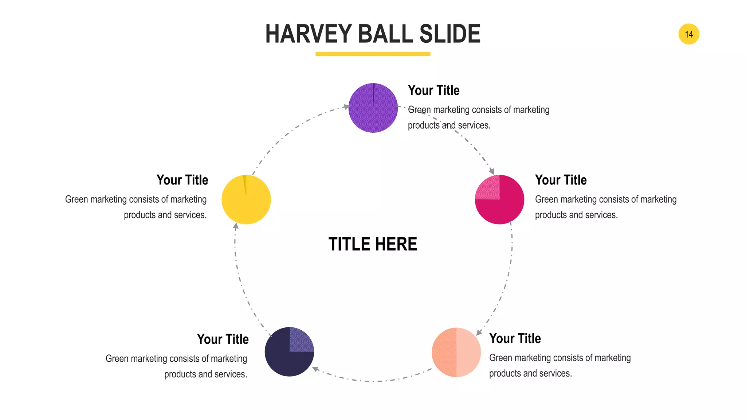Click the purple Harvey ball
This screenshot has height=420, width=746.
pyautogui.click(x=373, y=108)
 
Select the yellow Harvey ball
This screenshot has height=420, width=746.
pyautogui.click(x=246, y=200)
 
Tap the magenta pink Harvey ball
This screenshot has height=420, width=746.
pyautogui.click(x=500, y=200)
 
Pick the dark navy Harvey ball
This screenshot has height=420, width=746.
pyautogui.click(x=289, y=352)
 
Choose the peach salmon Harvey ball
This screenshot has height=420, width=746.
pyautogui.click(x=456, y=352)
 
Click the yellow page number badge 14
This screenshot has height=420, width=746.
pyautogui.click(x=688, y=34)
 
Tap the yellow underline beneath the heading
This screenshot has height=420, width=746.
pyautogui.click(x=373, y=54)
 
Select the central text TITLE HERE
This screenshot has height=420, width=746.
pyautogui.click(x=373, y=244)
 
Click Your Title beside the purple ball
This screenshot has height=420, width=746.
pyautogui.click(x=433, y=90)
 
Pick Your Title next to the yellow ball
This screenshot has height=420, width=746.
pyautogui.click(x=182, y=180)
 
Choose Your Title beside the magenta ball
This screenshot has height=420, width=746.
pyautogui.click(x=561, y=180)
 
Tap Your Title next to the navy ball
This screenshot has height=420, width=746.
pyautogui.click(x=223, y=339)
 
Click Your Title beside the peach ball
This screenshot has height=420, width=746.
pyautogui.click(x=515, y=339)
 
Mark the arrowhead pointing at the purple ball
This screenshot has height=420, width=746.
pyautogui.click(x=346, y=107)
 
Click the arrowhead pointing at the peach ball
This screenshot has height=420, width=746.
pyautogui.click(x=479, y=332)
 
